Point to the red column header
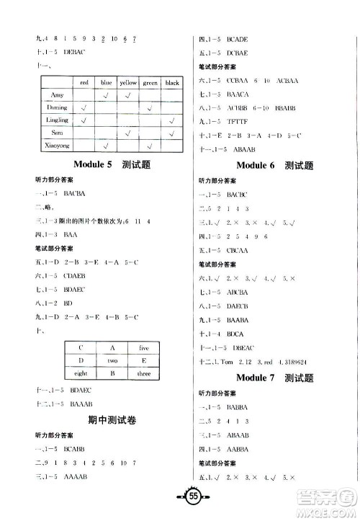coord(84,83)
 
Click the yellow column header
coord(127,83)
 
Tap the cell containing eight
coord(81,373)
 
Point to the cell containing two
coord(112,360)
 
